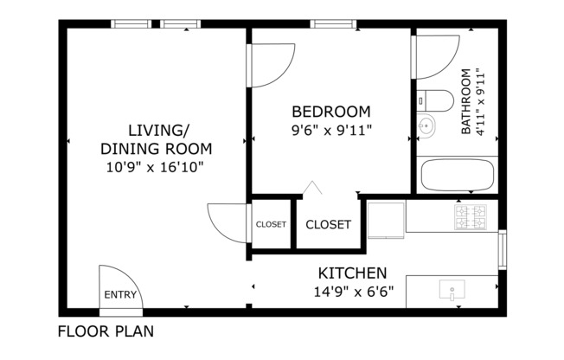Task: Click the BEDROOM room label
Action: pyautogui.click(x=330, y=112)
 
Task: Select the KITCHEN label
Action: pyautogui.click(x=352, y=273)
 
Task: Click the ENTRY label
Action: pyautogui.click(x=120, y=294)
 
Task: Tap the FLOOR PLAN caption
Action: pyautogui.click(x=107, y=331)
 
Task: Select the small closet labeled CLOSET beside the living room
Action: pyautogui.click(x=271, y=224)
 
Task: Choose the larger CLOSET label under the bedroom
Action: pyautogui.click(x=329, y=224)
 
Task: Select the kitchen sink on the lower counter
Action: pyautogui.click(x=452, y=289)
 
